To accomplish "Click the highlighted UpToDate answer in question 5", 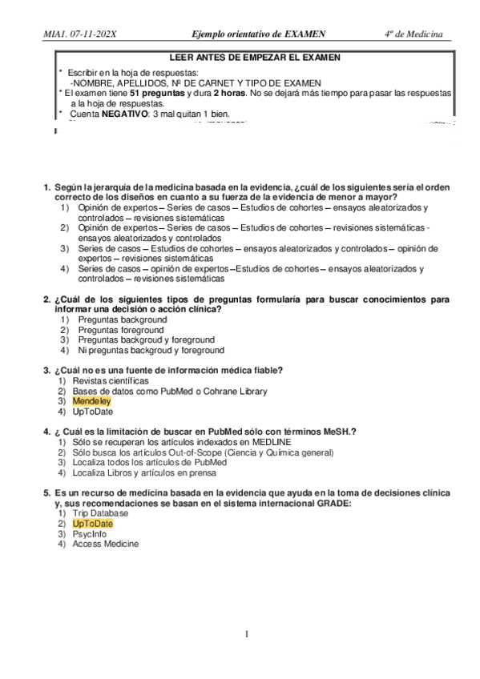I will point(92,523).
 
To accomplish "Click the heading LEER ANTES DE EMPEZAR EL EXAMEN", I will point(255,58).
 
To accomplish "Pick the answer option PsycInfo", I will point(91,533).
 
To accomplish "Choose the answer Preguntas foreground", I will point(121,330).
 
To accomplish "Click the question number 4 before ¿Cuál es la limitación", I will point(46,431).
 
